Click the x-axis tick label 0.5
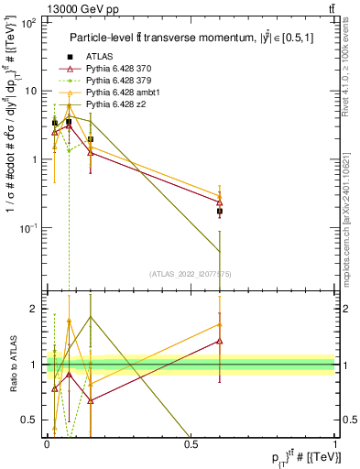point(191,443)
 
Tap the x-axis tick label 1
point(335,443)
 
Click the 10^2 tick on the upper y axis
point(29,23)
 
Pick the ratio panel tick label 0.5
point(31,420)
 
